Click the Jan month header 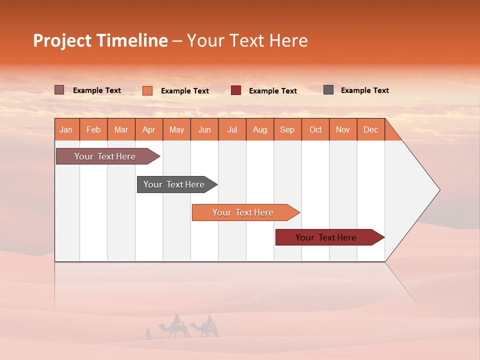pyautogui.click(x=66, y=129)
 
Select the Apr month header pyautogui.click(x=149, y=129)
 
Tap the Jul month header pyautogui.click(x=232, y=129)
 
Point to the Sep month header pyautogui.click(x=287, y=129)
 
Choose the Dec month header pyautogui.click(x=370, y=129)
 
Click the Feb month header pyautogui.click(x=93, y=129)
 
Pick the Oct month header pyautogui.click(x=315, y=129)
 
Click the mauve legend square pyautogui.click(x=59, y=90)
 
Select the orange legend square pyautogui.click(x=147, y=90)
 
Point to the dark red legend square pyautogui.click(x=236, y=90)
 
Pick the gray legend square pyautogui.click(x=328, y=90)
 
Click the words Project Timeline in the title pyautogui.click(x=100, y=40)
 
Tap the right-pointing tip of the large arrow pyautogui.click(x=438, y=190)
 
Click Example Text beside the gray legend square pyautogui.click(x=364, y=90)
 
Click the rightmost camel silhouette pyautogui.click(x=206, y=327)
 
